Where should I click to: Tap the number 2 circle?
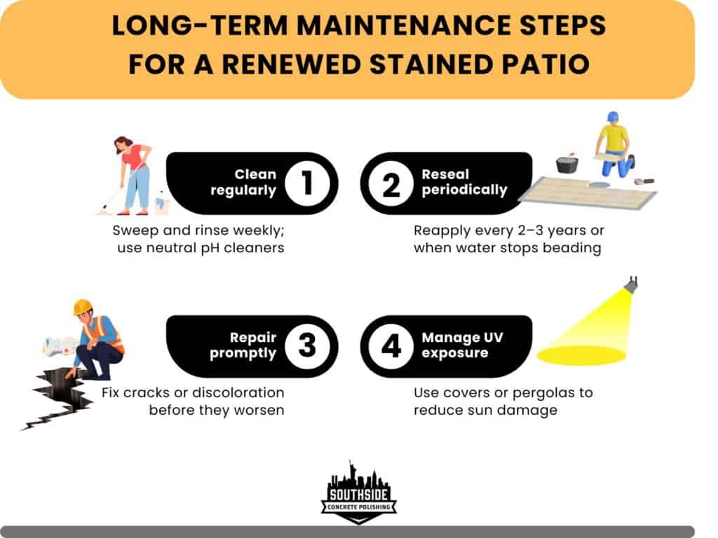pyautogui.click(x=391, y=183)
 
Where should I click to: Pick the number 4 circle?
pyautogui.click(x=391, y=345)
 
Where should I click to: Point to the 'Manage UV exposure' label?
pyautogui.click(x=462, y=345)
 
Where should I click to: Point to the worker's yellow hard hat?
pyautogui.click(x=83, y=307)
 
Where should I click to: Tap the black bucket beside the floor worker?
pyautogui.click(x=567, y=164)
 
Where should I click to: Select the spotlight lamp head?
pyautogui.click(x=631, y=284)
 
